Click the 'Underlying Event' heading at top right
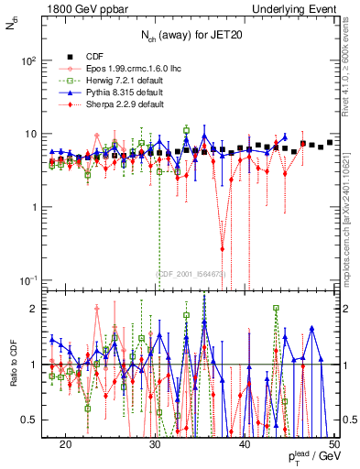294,9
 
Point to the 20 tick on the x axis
65,444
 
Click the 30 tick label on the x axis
155,444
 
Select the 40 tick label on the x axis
245,444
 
